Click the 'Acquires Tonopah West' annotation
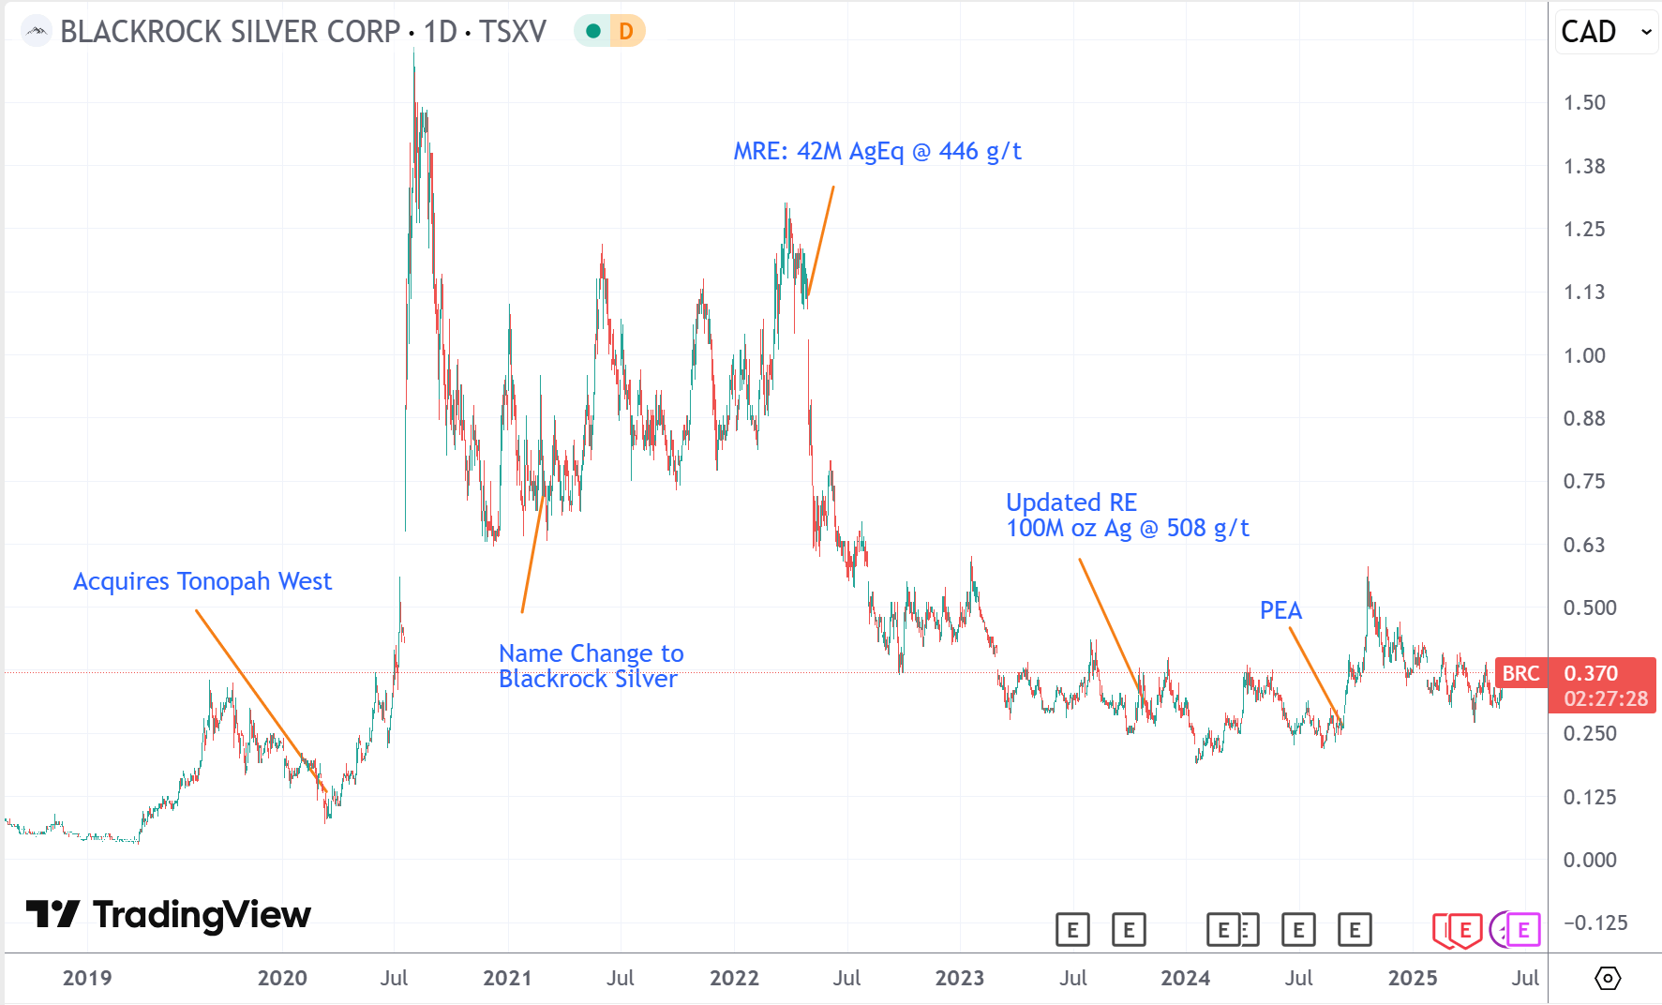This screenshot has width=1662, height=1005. pyautogui.click(x=202, y=581)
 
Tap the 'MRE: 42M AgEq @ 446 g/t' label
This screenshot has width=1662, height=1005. pyautogui.click(x=876, y=151)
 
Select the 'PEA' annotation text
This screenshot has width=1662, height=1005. pyautogui.click(x=1280, y=610)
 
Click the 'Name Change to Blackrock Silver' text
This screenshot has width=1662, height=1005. pyautogui.click(x=591, y=666)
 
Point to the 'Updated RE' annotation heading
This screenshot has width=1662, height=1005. pyautogui.click(x=1071, y=502)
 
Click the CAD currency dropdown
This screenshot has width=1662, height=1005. pyautogui.click(x=1606, y=32)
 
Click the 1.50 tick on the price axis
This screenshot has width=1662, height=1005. pyautogui.click(x=1584, y=102)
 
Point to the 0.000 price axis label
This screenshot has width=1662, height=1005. pyautogui.click(x=1589, y=860)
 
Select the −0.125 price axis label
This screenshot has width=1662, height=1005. pyautogui.click(x=1595, y=922)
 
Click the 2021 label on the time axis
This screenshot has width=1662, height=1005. pyautogui.click(x=507, y=978)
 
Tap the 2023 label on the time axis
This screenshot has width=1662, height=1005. pyautogui.click(x=959, y=978)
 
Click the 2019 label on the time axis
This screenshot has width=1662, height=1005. pyautogui.click(x=87, y=978)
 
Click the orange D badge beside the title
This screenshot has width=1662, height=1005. pyautogui.click(x=626, y=31)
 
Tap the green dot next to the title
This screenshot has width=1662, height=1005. pyautogui.click(x=592, y=31)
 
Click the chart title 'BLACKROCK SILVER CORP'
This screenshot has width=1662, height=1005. pyautogui.click(x=230, y=31)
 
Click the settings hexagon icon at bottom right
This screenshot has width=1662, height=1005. pyautogui.click(x=1607, y=978)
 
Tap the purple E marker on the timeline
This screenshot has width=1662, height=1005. pyautogui.click(x=1522, y=930)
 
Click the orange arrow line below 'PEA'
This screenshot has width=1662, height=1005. pyautogui.click(x=1315, y=675)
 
